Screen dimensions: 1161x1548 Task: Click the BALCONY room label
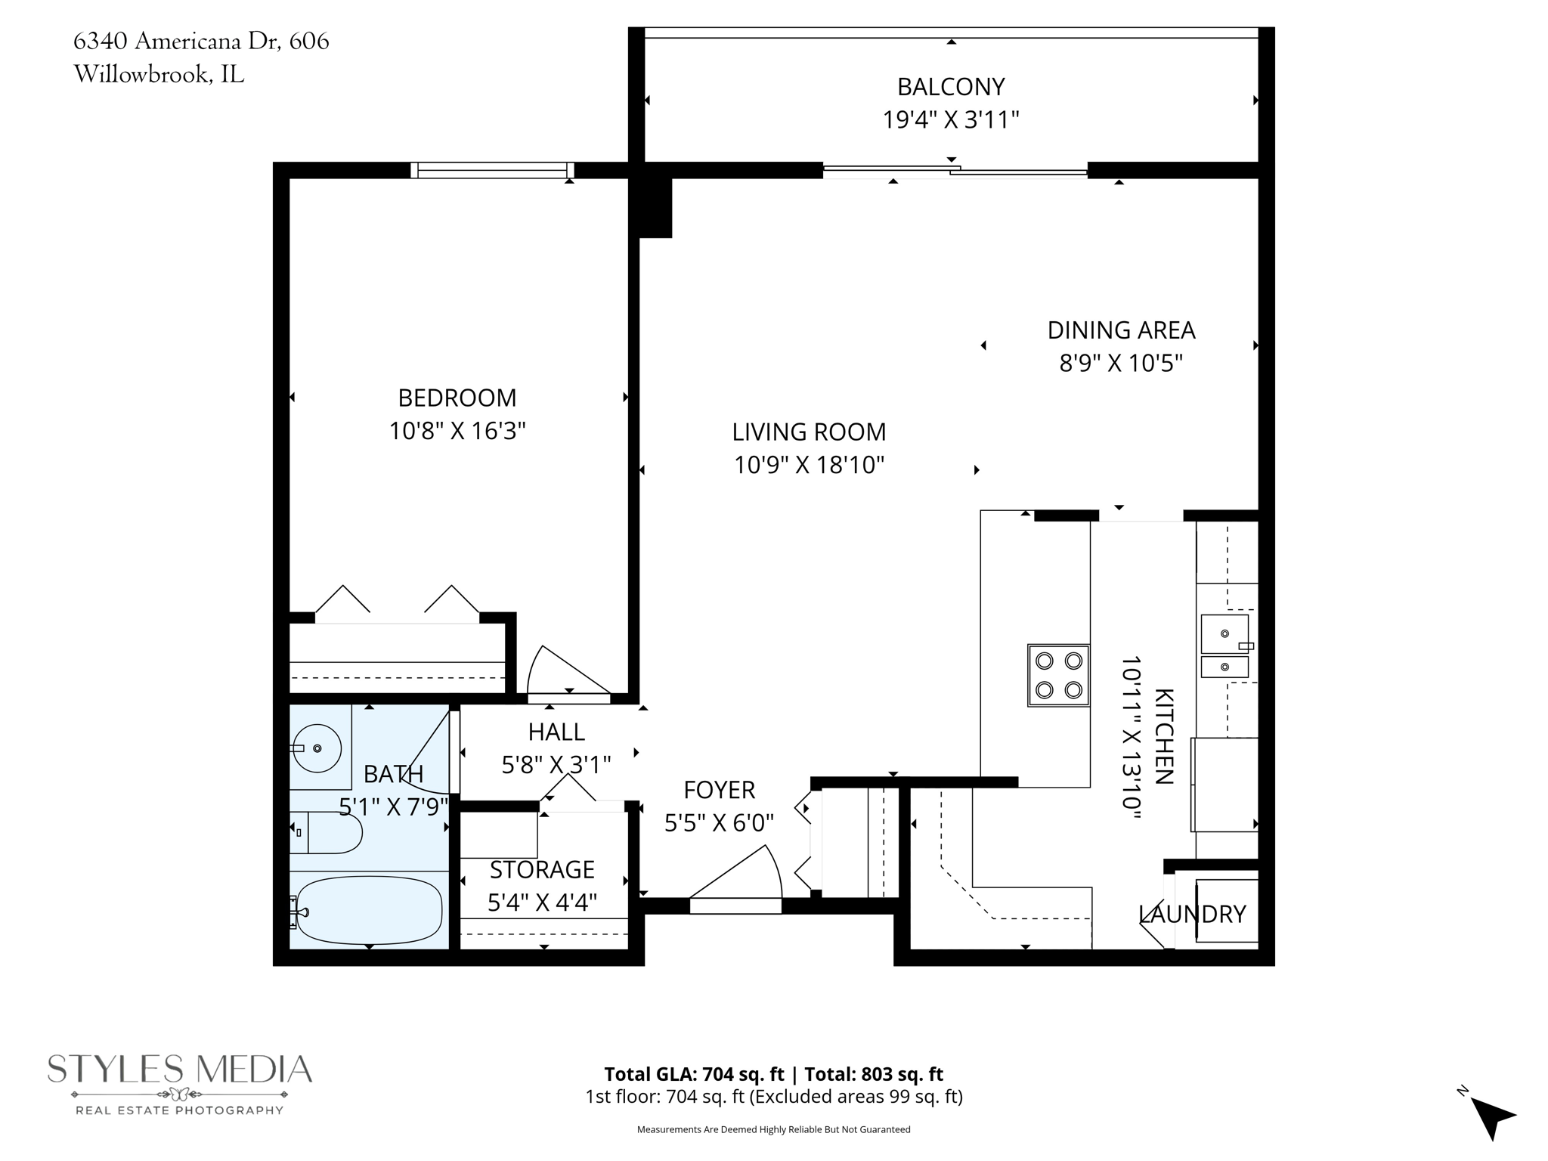pyautogui.click(x=950, y=87)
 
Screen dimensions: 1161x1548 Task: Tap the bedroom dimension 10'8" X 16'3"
pyautogui.click(x=457, y=431)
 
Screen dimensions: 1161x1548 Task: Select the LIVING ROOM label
pyautogui.click(x=808, y=432)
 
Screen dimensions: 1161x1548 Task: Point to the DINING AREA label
pyautogui.click(x=1120, y=330)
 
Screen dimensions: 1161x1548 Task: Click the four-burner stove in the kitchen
pyautogui.click(x=1058, y=675)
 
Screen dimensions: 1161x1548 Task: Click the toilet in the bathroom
pyautogui.click(x=329, y=832)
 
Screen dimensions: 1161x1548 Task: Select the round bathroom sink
pyautogui.click(x=317, y=748)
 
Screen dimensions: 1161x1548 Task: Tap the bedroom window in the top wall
pyautogui.click(x=492, y=171)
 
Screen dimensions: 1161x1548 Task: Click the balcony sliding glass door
pyautogui.click(x=955, y=172)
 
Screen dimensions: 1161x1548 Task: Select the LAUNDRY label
pyautogui.click(x=1191, y=914)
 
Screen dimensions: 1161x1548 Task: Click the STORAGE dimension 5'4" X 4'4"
pyautogui.click(x=542, y=902)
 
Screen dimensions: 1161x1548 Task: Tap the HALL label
pyautogui.click(x=556, y=732)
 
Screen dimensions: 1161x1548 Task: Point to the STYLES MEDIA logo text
pyautogui.click(x=180, y=1069)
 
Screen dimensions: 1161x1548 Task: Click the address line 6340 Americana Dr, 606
pyautogui.click(x=201, y=41)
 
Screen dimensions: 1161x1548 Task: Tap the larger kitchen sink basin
pyautogui.click(x=1224, y=634)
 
